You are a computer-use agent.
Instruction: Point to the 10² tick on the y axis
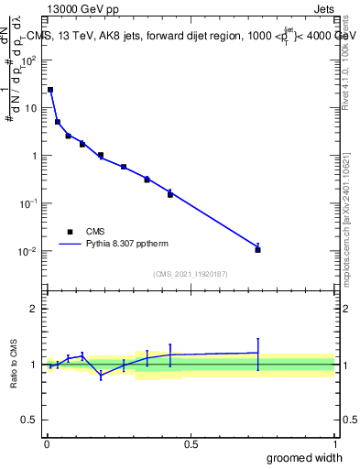[x=30, y=60]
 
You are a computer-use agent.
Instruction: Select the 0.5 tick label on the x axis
[x=191, y=444]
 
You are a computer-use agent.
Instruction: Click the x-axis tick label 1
[x=334, y=444]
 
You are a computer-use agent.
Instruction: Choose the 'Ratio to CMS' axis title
[x=14, y=365]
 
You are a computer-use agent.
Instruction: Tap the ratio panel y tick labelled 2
[x=34, y=309]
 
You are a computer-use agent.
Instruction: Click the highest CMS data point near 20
[x=50, y=90]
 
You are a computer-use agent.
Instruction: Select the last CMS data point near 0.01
[x=258, y=249]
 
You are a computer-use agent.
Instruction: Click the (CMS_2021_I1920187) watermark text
[x=191, y=274]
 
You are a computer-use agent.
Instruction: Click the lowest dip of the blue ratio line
[x=101, y=376]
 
